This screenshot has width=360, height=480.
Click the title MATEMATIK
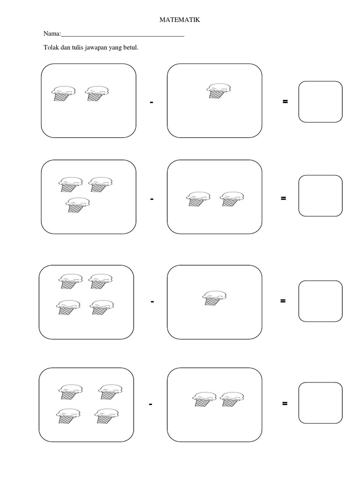pos(180,20)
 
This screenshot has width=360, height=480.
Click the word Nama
pos(52,34)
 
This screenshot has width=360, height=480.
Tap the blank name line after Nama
pos(122,36)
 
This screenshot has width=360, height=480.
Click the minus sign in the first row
pos(151,102)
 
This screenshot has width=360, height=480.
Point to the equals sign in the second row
pos(284,198)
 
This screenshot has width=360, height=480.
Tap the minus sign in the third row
pos(152,301)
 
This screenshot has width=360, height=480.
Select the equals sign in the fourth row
pos(285,404)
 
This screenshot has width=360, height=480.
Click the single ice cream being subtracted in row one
pos(218,91)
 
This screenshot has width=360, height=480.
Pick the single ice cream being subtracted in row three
pos(214,298)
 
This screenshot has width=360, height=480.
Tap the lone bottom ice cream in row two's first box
pos(78,205)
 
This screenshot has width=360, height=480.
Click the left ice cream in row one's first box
pos(63,93)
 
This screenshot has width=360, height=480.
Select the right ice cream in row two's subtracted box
pos(232,199)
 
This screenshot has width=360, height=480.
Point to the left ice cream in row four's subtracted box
pos(204,399)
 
